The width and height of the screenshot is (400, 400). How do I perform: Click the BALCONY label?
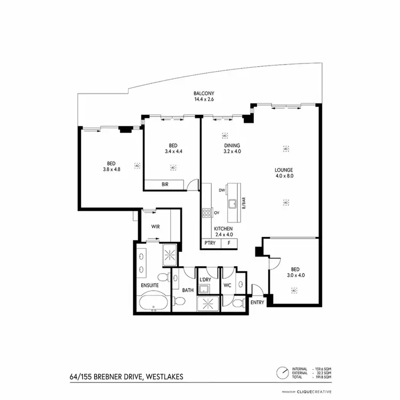(205, 94)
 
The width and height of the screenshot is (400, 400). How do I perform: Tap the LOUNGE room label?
(285, 170)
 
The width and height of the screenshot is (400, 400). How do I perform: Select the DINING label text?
(232, 146)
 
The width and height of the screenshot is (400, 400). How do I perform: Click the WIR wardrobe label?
(156, 227)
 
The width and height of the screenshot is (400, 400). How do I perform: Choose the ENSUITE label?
(150, 285)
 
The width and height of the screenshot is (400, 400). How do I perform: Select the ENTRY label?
(257, 302)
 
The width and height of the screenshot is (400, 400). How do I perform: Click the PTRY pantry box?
(210, 243)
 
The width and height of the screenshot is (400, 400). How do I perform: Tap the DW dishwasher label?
(221, 190)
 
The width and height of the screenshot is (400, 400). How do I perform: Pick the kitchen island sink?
(233, 203)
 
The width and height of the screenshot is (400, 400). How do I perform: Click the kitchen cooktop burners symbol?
(206, 213)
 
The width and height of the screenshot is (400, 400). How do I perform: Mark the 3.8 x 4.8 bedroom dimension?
(111, 170)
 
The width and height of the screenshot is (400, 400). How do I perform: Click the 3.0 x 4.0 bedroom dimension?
(294, 276)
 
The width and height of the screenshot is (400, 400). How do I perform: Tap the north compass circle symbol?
(282, 372)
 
